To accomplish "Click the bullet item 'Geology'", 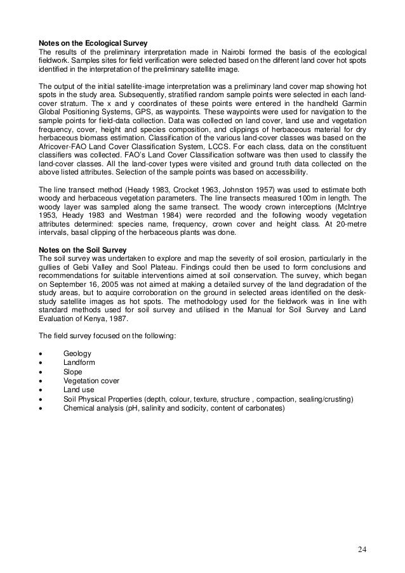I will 77,353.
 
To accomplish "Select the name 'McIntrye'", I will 349,206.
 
